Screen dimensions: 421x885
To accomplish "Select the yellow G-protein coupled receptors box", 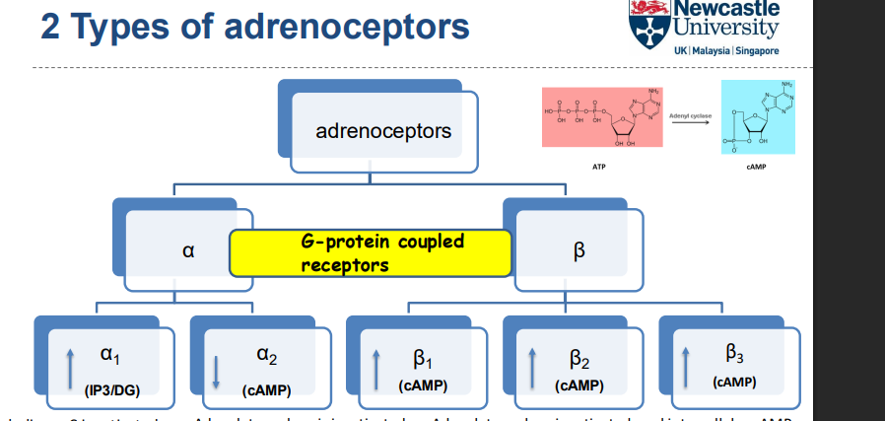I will coord(371,253).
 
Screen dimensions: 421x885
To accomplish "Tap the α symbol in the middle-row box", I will coord(187,251).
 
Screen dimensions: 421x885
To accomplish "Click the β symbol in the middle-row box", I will coord(578,251).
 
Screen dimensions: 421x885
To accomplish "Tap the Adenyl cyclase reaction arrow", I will coord(689,124).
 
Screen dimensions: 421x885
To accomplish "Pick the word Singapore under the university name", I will coord(754,50).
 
